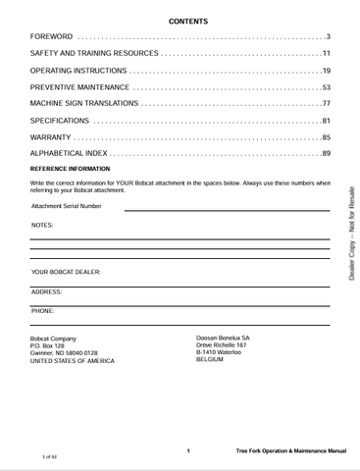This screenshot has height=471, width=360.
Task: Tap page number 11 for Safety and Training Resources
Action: pos(326,54)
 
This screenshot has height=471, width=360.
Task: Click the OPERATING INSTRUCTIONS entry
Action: pos(78,72)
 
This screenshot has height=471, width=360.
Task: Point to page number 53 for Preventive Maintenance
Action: pos(326,88)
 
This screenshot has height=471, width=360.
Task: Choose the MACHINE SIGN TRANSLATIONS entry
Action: pos(83,104)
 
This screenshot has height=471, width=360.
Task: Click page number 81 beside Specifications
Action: pos(326,121)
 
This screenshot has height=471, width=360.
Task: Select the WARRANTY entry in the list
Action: pos(50,137)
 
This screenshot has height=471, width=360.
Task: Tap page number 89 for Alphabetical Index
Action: pos(326,154)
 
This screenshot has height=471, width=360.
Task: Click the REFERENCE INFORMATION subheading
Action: pos(70,170)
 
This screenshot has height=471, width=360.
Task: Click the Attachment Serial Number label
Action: pos(67,207)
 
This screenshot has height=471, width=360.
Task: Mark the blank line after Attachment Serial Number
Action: pos(227,210)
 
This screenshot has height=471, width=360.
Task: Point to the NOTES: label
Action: pos(42,226)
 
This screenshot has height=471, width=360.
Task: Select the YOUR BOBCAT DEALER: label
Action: pos(66,272)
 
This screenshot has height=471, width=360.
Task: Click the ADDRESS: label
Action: pos(46,291)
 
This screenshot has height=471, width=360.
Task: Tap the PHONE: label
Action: pos(42,311)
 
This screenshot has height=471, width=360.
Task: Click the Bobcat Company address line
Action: pos(53,339)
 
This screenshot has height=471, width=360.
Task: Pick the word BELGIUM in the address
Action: pos(210,360)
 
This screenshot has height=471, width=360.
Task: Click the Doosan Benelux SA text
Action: pos(223,339)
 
